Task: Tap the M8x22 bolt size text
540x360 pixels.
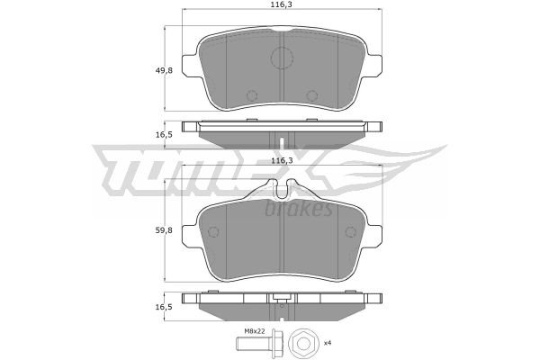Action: tap(255, 331)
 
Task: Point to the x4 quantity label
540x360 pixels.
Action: tap(328, 343)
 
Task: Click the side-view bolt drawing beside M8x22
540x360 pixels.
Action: tap(258, 343)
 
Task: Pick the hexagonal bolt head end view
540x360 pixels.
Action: tap(302, 343)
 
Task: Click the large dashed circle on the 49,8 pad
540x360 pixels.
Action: tap(282, 58)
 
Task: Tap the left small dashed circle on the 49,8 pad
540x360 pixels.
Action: tap(252, 95)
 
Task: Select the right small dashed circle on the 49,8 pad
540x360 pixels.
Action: tap(311, 95)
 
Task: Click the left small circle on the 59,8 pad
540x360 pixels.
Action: tap(214, 232)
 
